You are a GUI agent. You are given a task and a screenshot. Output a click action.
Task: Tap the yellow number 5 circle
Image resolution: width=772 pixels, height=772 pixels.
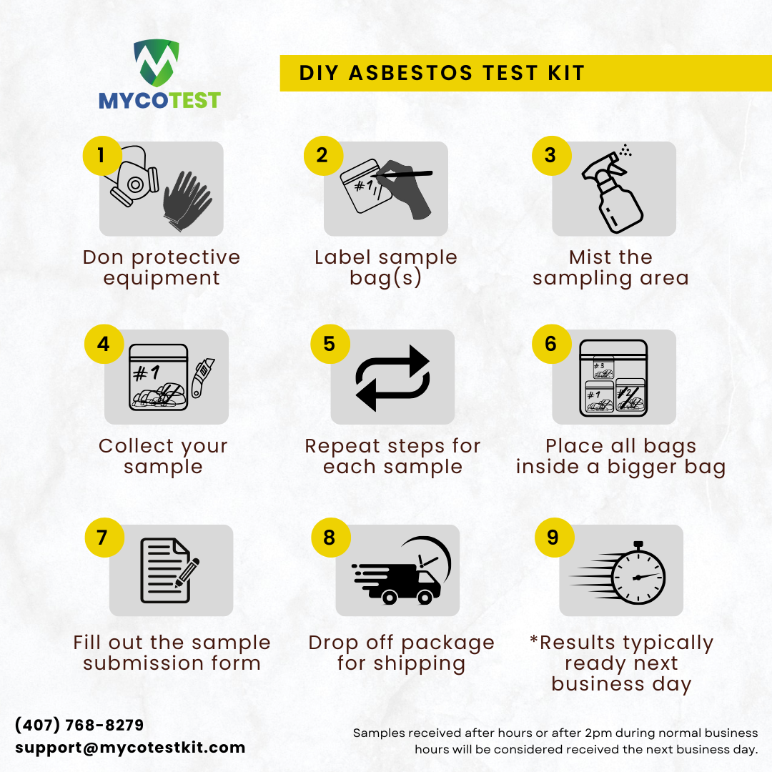point(330,344)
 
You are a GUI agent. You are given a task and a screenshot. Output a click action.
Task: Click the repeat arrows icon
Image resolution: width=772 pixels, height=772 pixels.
point(393,378)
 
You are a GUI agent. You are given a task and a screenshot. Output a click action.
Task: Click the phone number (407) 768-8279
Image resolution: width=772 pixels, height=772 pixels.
point(79,725)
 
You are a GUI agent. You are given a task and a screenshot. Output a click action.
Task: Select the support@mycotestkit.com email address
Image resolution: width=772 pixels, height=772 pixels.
point(130,748)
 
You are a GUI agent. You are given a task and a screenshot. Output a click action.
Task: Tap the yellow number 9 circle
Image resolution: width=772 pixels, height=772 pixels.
point(553,537)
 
